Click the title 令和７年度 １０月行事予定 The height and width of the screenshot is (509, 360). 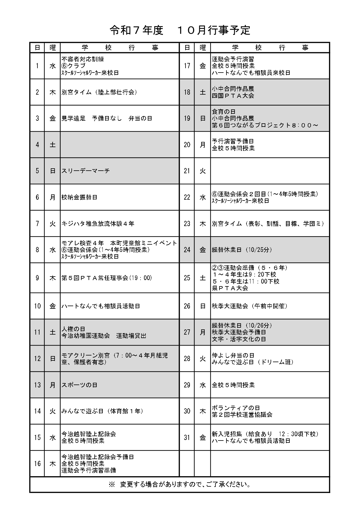[180, 30]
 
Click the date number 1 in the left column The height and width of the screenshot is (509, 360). [37, 66]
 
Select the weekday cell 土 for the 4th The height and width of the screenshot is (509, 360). [52, 145]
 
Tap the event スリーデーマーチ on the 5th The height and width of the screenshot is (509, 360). [86, 171]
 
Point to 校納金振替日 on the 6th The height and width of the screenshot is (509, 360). [79, 197]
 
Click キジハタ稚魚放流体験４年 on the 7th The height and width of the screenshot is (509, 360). [98, 224]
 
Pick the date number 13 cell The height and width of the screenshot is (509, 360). [37, 385]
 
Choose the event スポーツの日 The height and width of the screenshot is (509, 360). [79, 385]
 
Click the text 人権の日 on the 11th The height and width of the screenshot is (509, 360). [73, 329]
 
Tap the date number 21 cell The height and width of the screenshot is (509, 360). [187, 171]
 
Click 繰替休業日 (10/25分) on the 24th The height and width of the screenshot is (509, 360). [242, 250]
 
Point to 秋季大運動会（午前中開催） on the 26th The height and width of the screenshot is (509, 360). [249, 306]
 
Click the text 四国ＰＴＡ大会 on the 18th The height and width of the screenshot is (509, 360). [233, 96]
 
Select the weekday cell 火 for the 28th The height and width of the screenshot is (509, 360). [203, 359]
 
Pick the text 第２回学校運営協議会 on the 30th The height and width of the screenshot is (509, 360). [242, 415]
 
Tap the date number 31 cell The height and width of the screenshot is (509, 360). [187, 438]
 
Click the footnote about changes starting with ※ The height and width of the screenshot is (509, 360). [180, 484]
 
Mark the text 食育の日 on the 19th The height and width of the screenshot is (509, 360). [224, 112]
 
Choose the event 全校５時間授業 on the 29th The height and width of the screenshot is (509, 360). [233, 385]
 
